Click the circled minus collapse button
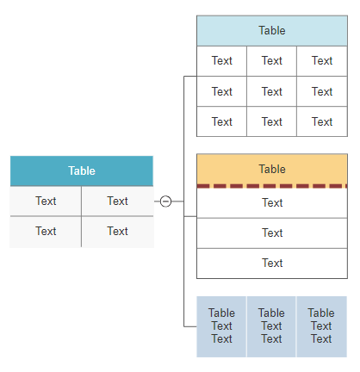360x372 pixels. pyautogui.click(x=166, y=201)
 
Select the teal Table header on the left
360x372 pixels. pyautogui.click(x=82, y=170)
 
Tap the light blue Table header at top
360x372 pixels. pyautogui.click(x=271, y=31)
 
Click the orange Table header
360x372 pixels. pyautogui.click(x=271, y=169)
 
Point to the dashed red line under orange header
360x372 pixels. pyautogui.click(x=271, y=185)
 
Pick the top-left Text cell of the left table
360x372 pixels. pyautogui.click(x=46, y=201)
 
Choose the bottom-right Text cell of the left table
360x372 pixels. pyautogui.click(x=117, y=232)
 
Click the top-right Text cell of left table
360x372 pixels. pyautogui.click(x=117, y=201)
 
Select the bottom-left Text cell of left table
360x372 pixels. pyautogui.click(x=46, y=232)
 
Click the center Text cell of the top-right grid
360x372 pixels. pyautogui.click(x=272, y=91)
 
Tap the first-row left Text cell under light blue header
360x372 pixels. pyautogui.click(x=222, y=61)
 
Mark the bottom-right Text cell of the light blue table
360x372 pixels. pyautogui.click(x=322, y=121)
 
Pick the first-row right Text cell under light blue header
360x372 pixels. pyautogui.click(x=322, y=61)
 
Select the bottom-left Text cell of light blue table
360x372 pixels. pyautogui.click(x=222, y=121)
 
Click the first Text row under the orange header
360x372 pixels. pyautogui.click(x=271, y=203)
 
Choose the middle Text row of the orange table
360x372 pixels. pyautogui.click(x=271, y=232)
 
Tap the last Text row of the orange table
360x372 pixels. pyautogui.click(x=271, y=263)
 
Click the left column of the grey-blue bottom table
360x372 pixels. pyautogui.click(x=221, y=326)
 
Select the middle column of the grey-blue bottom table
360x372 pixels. pyautogui.click(x=271, y=326)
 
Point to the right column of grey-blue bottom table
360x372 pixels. pyautogui.click(x=321, y=326)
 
